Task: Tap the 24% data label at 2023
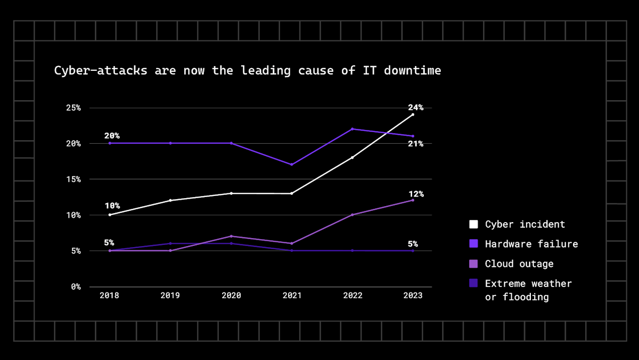415,107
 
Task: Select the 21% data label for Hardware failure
415,144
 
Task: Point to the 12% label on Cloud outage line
415,194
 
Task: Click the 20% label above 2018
112,136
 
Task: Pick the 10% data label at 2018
112,206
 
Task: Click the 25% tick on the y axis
73,108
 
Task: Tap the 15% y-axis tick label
73,179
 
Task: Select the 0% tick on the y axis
76,287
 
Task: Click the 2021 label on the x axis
291,296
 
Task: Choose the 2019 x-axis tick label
170,296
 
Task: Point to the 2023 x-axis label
412,296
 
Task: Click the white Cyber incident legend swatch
473,224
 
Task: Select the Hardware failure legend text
531,244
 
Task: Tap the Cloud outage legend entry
519,264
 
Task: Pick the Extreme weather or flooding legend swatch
473,283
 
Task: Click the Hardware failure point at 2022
352,129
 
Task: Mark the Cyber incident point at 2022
352,158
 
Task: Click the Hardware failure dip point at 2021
291,165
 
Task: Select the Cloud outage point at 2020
231,236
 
